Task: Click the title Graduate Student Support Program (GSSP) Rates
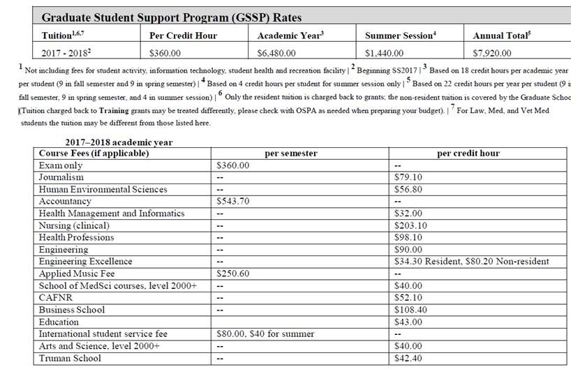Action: pos(171,17)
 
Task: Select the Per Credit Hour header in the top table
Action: pos(181,36)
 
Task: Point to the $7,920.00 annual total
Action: pos(492,52)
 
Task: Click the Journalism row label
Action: pos(61,177)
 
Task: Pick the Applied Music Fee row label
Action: pos(77,274)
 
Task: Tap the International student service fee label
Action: pos(103,334)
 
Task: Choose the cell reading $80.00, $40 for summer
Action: pos(265,334)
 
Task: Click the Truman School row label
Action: pos(70,358)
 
